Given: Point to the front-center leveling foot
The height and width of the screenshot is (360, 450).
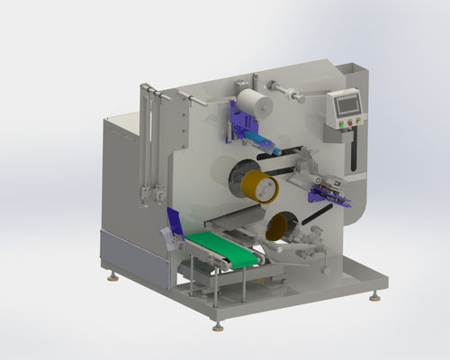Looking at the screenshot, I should coord(216,323).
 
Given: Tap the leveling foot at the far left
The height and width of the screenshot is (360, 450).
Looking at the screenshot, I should coord(112,275).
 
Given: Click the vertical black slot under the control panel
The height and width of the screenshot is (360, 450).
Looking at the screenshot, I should coord(354,148).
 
